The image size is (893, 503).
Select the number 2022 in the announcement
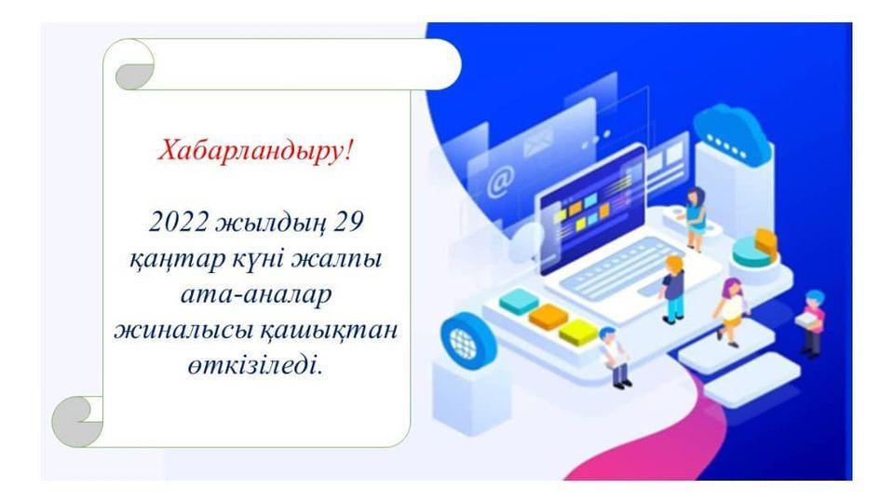178,222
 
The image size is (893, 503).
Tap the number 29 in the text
348,222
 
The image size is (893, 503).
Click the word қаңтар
178,260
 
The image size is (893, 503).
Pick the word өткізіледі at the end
255,365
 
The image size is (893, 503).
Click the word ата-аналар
256,295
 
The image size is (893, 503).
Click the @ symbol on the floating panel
500,182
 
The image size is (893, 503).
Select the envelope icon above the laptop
538,142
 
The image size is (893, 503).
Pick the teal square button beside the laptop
519,302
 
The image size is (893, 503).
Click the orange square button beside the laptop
548,317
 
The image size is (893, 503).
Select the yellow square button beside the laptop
577,333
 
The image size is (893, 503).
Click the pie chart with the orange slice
755,249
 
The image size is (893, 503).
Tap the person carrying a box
812,322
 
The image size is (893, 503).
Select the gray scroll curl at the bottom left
77,422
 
